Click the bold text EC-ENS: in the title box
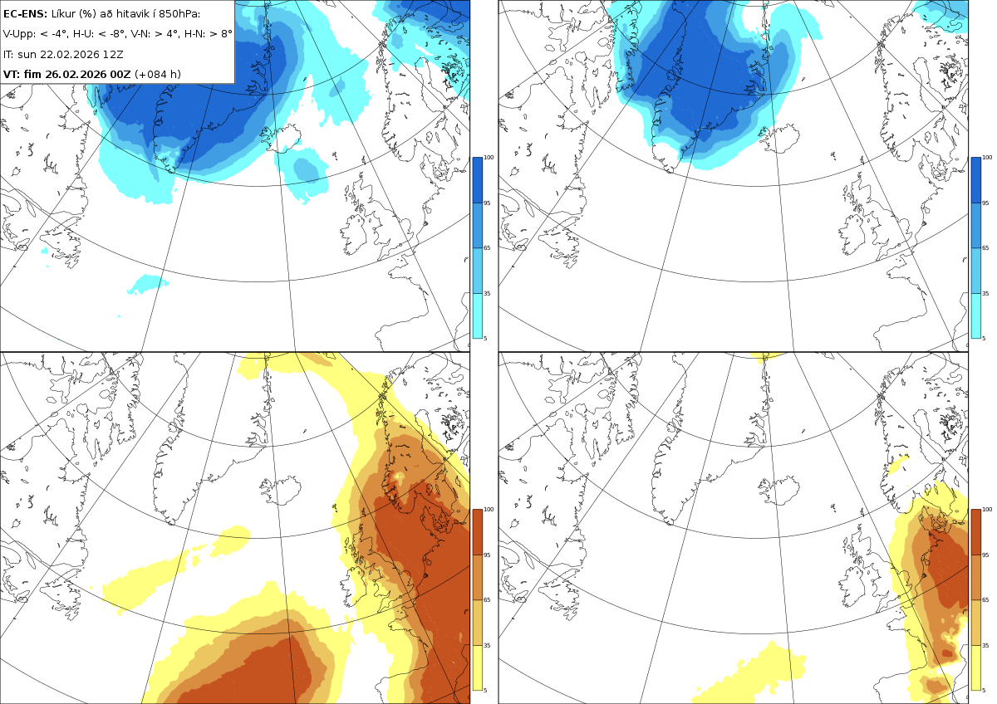[x=25, y=14]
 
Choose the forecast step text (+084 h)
[x=158, y=74]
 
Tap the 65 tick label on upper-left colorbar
[x=487, y=247]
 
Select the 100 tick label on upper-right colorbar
[x=987, y=158]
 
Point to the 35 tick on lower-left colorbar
[x=487, y=645]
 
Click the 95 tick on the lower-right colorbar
[x=985, y=555]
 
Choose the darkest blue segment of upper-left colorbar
[x=477, y=180]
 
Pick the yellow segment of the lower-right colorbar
[x=975, y=667]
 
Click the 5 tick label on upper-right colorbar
[x=984, y=338]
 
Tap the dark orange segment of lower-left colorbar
[x=477, y=532]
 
